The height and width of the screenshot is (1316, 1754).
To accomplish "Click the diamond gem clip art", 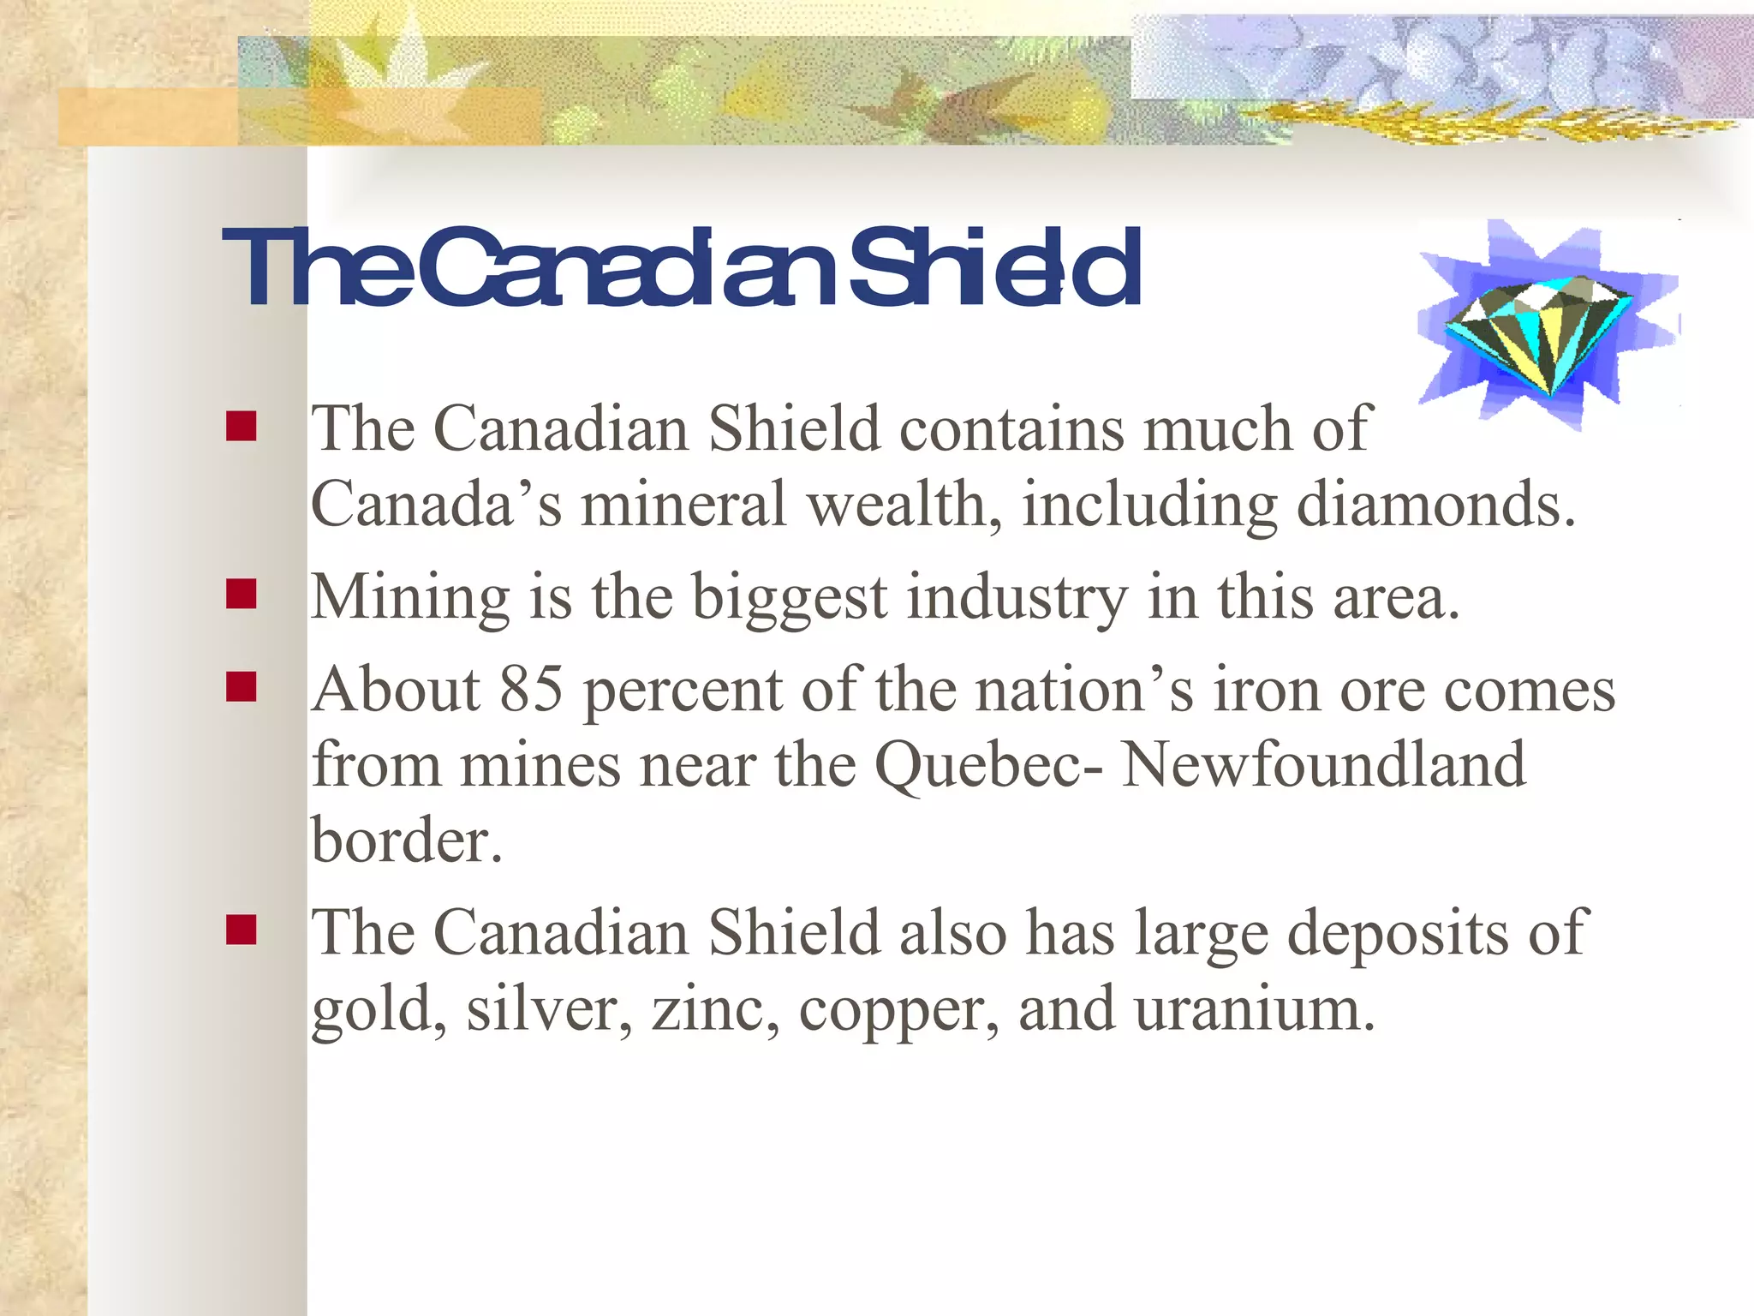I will tap(1538, 333).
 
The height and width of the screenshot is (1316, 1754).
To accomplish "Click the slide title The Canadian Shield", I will tap(682, 269).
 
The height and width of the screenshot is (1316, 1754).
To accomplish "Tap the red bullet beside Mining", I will tap(242, 594).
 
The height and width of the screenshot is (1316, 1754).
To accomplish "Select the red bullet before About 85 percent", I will tap(242, 687).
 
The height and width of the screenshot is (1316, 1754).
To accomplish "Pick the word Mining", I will tap(410, 597).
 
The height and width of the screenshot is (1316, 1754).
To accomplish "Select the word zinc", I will tap(715, 1009).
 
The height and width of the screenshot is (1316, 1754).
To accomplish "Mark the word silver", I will tap(549, 1009).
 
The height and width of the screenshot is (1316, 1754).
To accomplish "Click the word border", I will tap(406, 840).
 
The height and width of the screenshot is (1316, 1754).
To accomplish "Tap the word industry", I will tap(1017, 597).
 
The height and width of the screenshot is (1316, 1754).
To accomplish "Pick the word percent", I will tap(683, 691).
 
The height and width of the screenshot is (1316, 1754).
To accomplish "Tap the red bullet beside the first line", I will tap(242, 426).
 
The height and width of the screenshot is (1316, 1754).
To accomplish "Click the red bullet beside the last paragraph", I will tap(242, 930).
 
